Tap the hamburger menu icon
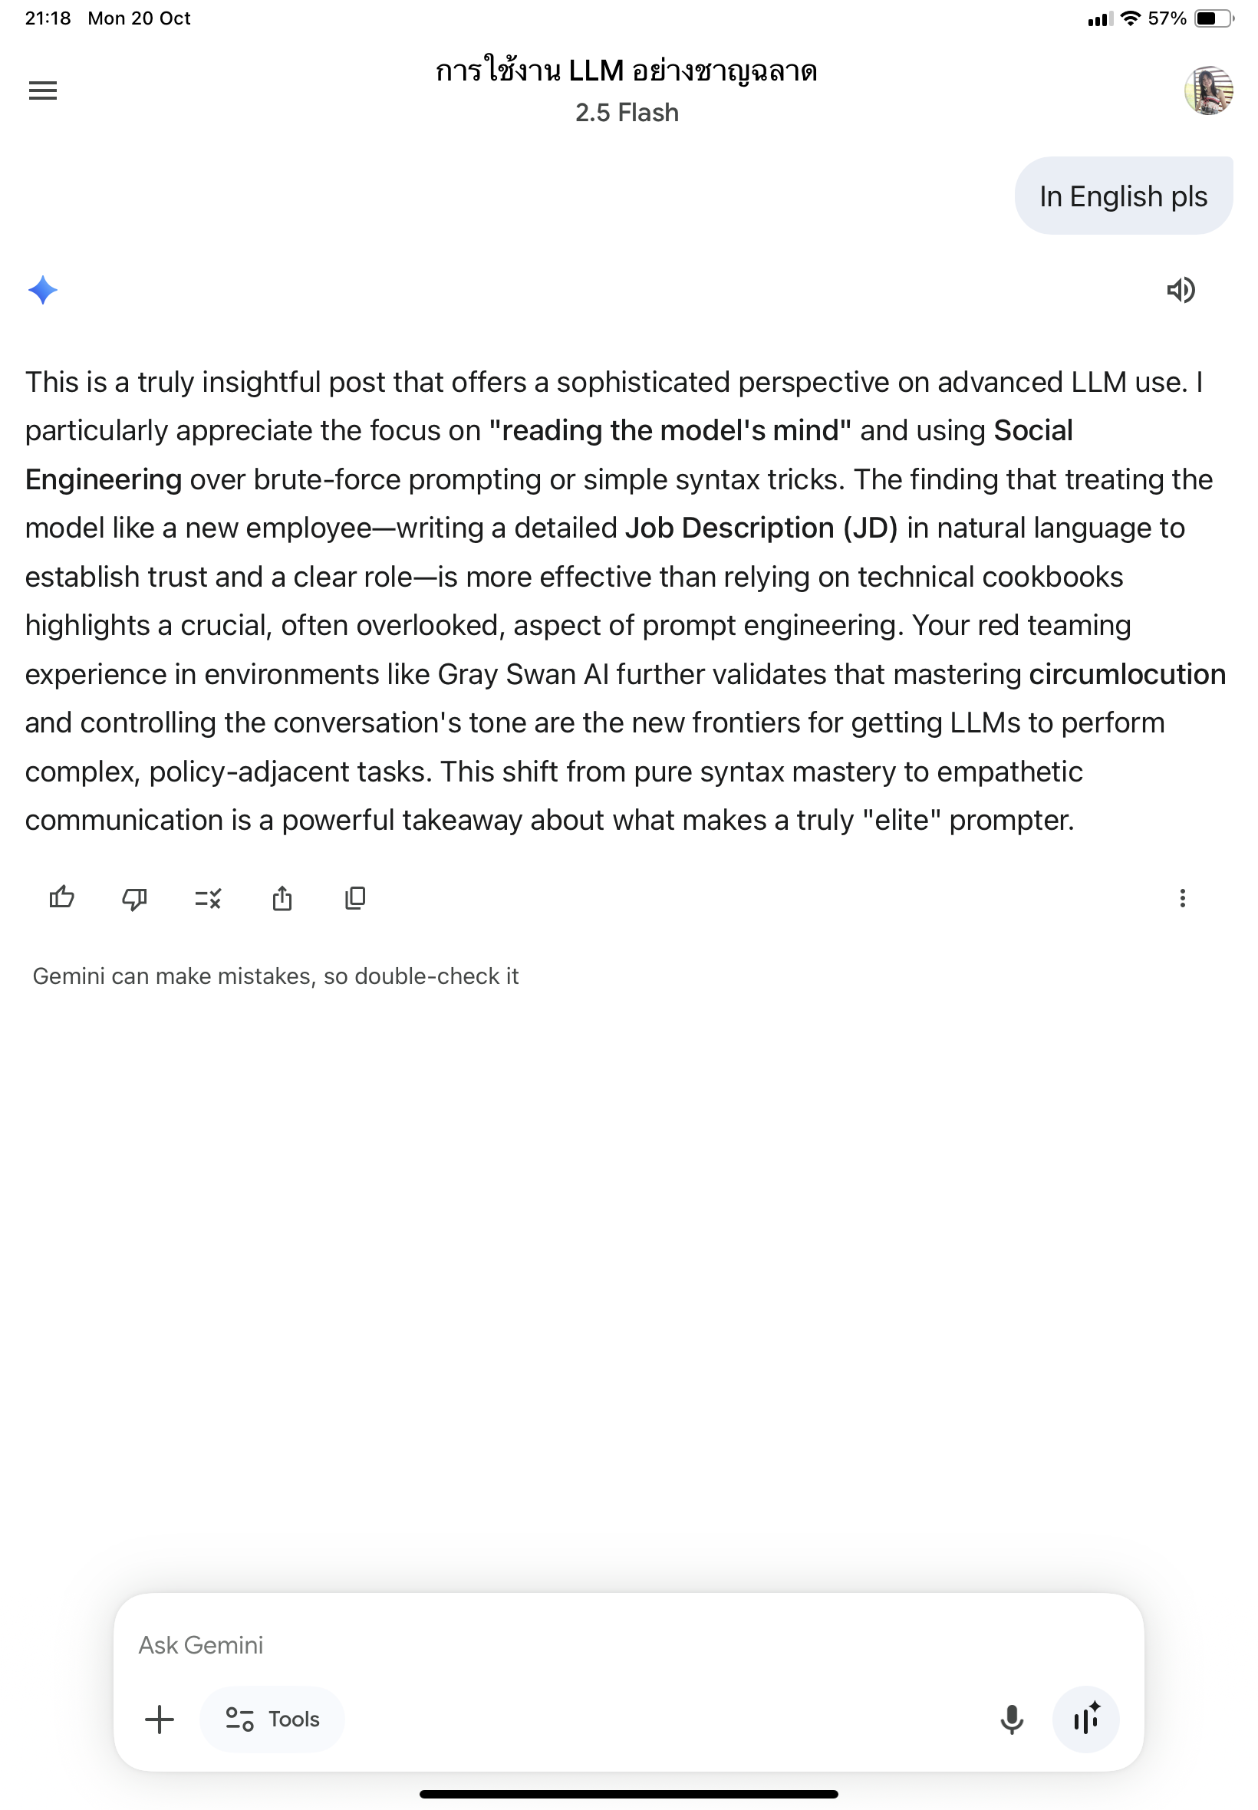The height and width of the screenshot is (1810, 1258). (42, 90)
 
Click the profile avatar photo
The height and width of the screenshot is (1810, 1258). (1207, 90)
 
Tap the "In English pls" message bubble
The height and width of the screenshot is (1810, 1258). (1122, 196)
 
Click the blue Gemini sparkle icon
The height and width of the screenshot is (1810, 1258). (42, 290)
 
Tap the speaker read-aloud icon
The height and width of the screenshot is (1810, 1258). (1180, 290)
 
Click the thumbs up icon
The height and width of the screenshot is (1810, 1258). (61, 897)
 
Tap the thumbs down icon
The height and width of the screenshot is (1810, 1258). (135, 897)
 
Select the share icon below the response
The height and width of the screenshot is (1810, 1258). (282, 897)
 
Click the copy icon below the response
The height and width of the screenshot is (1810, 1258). (355, 897)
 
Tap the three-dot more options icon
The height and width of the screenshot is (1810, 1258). (1181, 897)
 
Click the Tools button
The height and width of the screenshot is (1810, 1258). (272, 1719)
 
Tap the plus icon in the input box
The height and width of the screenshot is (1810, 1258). (160, 1719)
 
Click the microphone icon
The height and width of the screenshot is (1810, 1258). (1011, 1719)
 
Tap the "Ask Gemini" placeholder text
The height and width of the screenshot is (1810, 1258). (201, 1644)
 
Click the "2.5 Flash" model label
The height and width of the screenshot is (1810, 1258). (627, 113)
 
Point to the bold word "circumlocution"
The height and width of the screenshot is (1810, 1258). (1127, 674)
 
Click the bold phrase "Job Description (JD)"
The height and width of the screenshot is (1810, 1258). (761, 528)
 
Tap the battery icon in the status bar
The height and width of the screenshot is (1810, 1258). (1211, 18)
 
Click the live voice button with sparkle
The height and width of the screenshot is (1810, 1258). (1085, 1719)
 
